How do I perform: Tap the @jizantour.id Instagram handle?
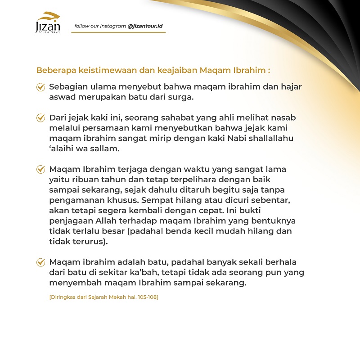(x=145, y=26)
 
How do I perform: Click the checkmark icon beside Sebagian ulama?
(x=40, y=87)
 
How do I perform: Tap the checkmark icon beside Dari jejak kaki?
(x=40, y=118)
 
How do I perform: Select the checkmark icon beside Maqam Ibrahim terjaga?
(x=40, y=170)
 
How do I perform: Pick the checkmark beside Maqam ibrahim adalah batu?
(x=40, y=262)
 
